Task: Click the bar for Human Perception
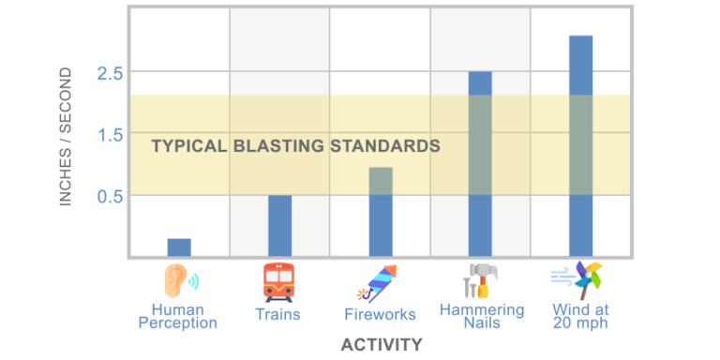pos(179,247)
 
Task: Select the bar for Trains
pos(279,225)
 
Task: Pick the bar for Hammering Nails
pos(480,164)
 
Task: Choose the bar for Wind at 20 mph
pos(580,145)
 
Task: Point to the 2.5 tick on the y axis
pos(111,73)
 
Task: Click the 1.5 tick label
pos(111,134)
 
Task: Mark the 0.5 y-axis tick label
pos(111,196)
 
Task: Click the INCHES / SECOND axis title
pos(66,137)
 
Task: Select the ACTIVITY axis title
pos(381,345)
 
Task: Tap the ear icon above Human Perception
pos(179,279)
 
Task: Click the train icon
pos(278,280)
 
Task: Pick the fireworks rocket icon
pos(380,281)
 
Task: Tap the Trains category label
pos(278,315)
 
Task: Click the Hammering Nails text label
pos(481,316)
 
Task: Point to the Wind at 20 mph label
pos(580,316)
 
